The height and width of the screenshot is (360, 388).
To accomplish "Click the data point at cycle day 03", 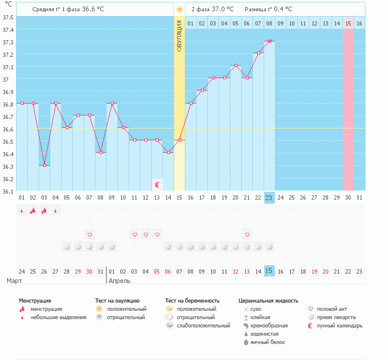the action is coord(44,165).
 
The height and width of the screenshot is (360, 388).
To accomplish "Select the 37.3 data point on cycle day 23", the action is coord(270,41).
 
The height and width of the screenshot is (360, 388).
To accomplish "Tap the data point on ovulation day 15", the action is coord(179,140).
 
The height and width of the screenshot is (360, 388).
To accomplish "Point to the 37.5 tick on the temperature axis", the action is coord(8,18).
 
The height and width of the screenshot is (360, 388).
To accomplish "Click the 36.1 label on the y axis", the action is coord(8,191).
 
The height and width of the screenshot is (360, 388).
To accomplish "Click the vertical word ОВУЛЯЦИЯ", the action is coord(179,36).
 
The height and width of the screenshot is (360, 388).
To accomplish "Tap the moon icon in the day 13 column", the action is coord(158,185).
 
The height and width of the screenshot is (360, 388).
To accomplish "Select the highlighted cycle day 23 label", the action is coord(269,198).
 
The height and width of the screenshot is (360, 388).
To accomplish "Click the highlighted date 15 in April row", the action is coord(269,271).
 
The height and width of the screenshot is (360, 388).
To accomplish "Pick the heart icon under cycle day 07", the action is coord(89,234).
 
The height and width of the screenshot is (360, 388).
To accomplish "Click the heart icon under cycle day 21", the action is coord(247,234).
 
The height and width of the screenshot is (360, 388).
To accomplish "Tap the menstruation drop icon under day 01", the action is coord(22,211).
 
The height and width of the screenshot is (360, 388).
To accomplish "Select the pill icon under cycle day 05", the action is coord(67,247).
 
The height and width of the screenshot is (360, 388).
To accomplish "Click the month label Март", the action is coord(14,281).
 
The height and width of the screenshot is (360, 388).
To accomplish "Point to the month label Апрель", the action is coord(120,281).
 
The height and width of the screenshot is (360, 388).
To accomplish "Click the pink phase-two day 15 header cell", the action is coord(348,23).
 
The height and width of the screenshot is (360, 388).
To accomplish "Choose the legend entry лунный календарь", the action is coord(339,326).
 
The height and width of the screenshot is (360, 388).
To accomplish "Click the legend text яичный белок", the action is coord(268,342).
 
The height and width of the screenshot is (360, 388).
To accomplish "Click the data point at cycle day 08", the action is coord(101,152).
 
